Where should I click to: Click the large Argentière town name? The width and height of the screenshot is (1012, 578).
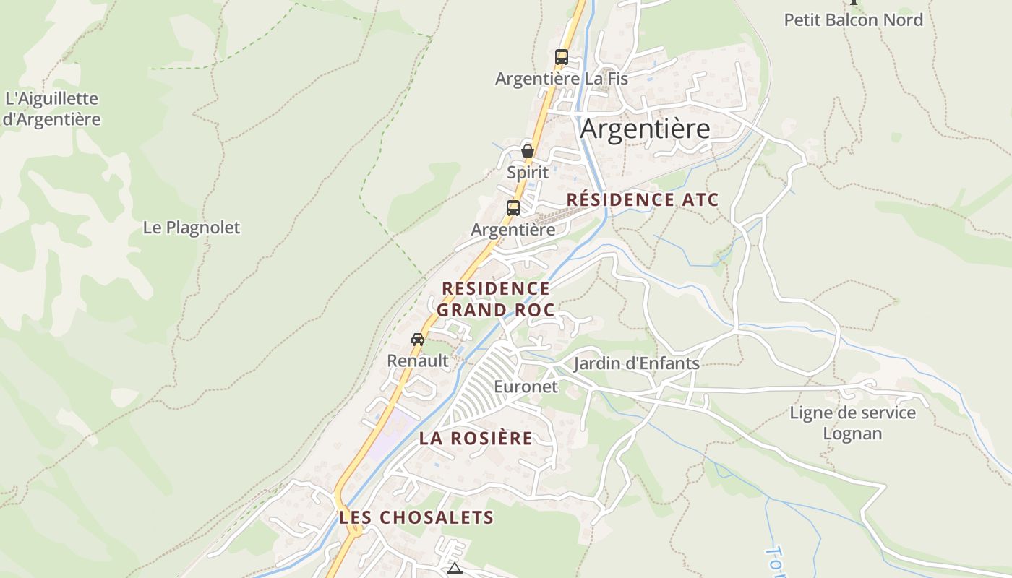[x=645, y=129]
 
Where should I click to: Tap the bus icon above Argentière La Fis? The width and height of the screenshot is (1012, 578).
[x=561, y=57]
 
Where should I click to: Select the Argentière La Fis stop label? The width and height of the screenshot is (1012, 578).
[x=561, y=79]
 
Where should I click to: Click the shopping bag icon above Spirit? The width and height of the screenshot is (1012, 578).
[x=528, y=151]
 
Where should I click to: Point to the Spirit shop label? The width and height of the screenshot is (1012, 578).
[x=528, y=173]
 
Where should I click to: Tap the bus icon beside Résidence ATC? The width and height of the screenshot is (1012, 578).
[x=513, y=208]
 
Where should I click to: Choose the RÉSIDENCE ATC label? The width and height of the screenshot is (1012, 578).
[x=643, y=200]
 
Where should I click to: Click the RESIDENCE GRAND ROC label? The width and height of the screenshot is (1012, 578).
[x=496, y=299]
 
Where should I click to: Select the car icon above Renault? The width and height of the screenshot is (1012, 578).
[x=418, y=339]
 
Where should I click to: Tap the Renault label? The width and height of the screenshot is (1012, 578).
[x=418, y=361]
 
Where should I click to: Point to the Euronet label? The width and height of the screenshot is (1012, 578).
[x=526, y=387]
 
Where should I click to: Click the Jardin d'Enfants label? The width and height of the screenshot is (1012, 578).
[x=636, y=363]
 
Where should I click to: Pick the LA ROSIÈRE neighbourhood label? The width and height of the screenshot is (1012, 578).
[x=476, y=439]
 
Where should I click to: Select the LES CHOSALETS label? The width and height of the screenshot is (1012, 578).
[x=416, y=517]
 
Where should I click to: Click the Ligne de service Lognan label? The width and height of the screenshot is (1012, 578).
[x=852, y=423]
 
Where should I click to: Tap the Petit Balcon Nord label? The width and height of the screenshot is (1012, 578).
[x=854, y=20]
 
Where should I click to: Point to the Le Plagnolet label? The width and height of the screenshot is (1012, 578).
[x=191, y=228]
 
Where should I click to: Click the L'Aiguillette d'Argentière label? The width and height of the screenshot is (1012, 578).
[x=51, y=109]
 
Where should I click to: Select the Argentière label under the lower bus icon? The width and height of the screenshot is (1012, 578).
[x=513, y=230]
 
